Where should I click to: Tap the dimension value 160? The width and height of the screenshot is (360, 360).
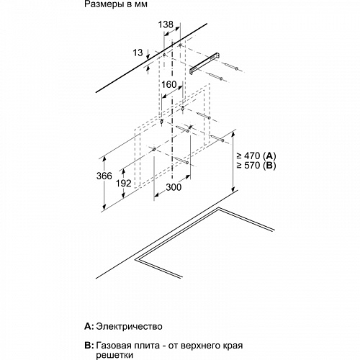click(169, 84)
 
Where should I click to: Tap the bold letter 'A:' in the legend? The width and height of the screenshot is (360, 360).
click(90, 325)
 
